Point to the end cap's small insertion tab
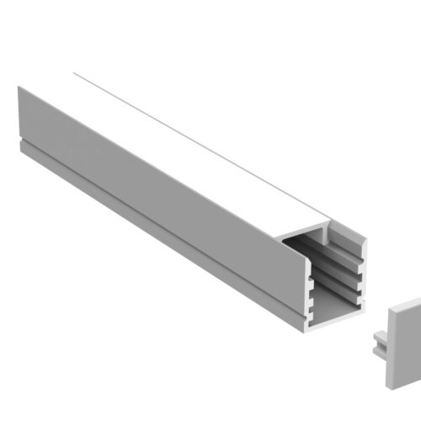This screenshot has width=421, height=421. (377, 344)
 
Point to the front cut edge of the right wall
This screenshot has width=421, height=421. (364, 278)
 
